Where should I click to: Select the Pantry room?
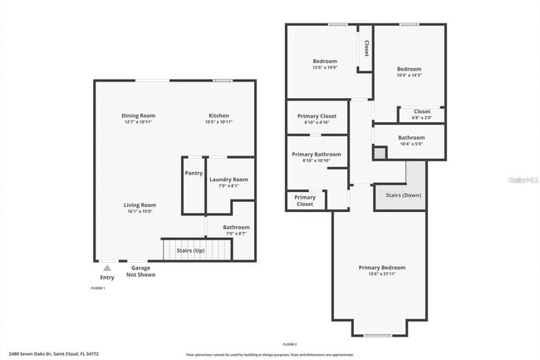point(194,173)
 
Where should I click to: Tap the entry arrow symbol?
point(107,268)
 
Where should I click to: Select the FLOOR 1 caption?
point(99,288)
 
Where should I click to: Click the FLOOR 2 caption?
point(290,343)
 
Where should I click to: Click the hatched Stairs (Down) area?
point(404,195)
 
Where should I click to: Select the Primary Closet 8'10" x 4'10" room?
point(316,118)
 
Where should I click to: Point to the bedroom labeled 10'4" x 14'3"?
point(409,72)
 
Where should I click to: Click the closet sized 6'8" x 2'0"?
point(422,114)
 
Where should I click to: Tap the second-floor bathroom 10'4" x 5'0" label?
point(411,140)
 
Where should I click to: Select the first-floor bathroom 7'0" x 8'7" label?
point(236,229)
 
